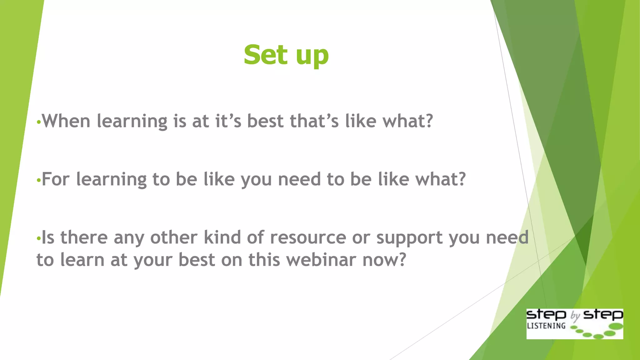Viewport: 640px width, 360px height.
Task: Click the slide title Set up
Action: point(286,55)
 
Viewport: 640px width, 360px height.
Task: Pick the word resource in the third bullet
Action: point(308,237)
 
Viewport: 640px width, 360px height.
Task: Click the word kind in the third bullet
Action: point(222,237)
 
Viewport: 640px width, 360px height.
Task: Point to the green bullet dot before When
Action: point(38,122)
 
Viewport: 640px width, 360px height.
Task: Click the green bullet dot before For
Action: point(38,180)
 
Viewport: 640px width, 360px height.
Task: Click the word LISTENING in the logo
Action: point(546,326)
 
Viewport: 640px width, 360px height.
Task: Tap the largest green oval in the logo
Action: point(616,327)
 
